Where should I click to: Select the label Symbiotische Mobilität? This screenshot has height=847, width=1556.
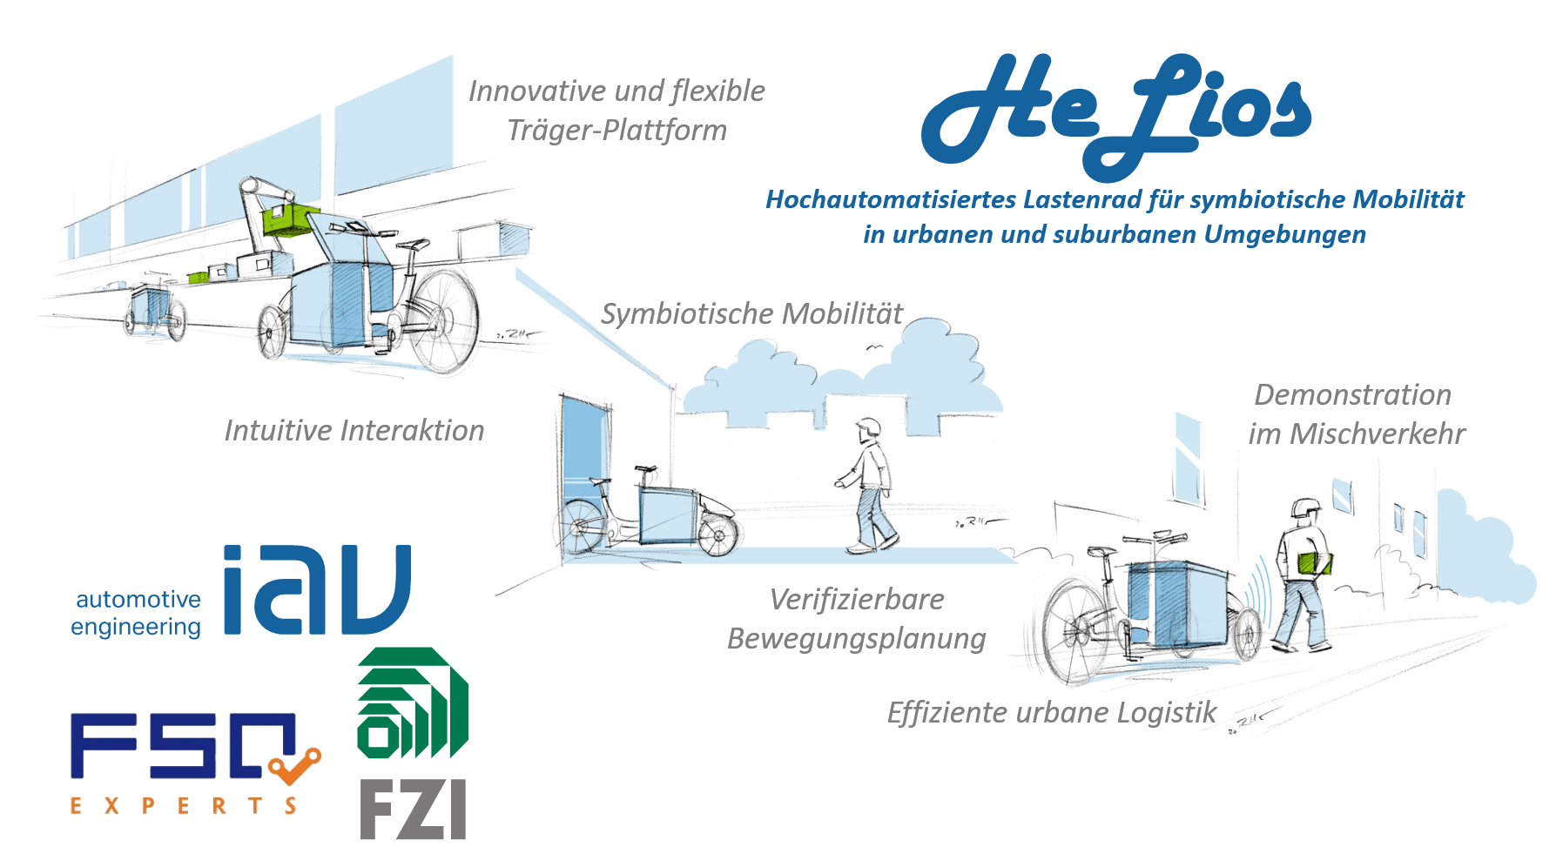[752, 314]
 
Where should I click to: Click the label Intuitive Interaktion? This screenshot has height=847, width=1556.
[354, 430]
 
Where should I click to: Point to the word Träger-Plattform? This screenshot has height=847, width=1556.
[616, 131]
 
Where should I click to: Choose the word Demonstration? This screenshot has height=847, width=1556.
[1352, 395]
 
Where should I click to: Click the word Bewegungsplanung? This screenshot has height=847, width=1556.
[856, 639]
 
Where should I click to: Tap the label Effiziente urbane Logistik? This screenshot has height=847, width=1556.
[1051, 713]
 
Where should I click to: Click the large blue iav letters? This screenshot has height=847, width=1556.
[316, 589]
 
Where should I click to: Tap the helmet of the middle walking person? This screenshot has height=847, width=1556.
[867, 427]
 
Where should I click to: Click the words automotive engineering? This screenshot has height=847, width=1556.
[137, 613]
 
